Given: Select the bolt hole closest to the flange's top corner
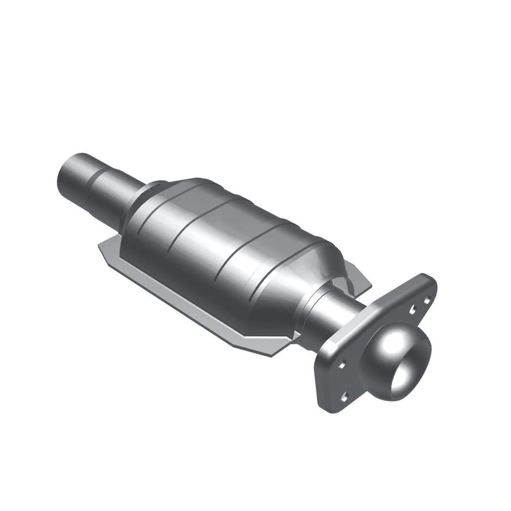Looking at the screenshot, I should coord(426,301).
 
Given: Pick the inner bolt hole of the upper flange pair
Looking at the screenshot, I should coord(413,309).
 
